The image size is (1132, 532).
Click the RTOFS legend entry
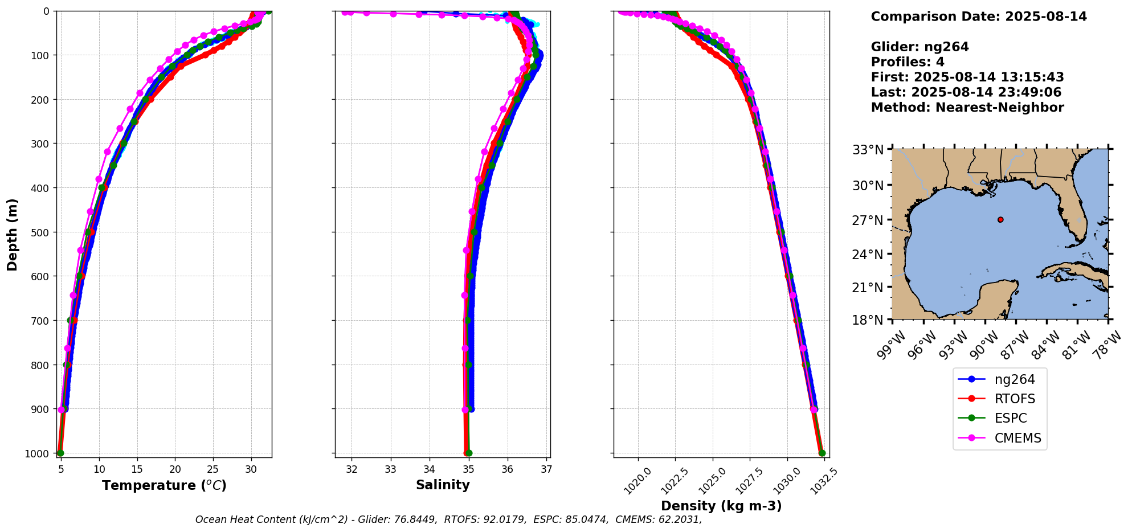click(x=1015, y=399)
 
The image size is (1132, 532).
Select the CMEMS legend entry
click(x=1017, y=438)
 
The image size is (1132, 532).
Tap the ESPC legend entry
click(x=1011, y=418)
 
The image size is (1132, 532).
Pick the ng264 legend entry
click(x=1015, y=379)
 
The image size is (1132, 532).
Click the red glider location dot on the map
click(x=1000, y=219)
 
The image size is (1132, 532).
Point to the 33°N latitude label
click(x=868, y=150)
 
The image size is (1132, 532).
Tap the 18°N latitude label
click(x=868, y=320)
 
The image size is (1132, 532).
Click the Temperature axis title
click(x=164, y=485)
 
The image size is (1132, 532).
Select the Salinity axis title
click(x=443, y=485)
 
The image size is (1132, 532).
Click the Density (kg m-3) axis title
click(x=721, y=506)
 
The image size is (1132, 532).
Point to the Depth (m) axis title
click(x=13, y=234)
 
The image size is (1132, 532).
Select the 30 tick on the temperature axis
click(x=251, y=470)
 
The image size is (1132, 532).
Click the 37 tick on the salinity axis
click(x=546, y=470)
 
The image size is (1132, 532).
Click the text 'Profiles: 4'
click(x=908, y=62)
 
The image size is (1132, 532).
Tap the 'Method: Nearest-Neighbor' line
click(x=967, y=107)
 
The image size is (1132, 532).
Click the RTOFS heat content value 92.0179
click(x=504, y=519)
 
